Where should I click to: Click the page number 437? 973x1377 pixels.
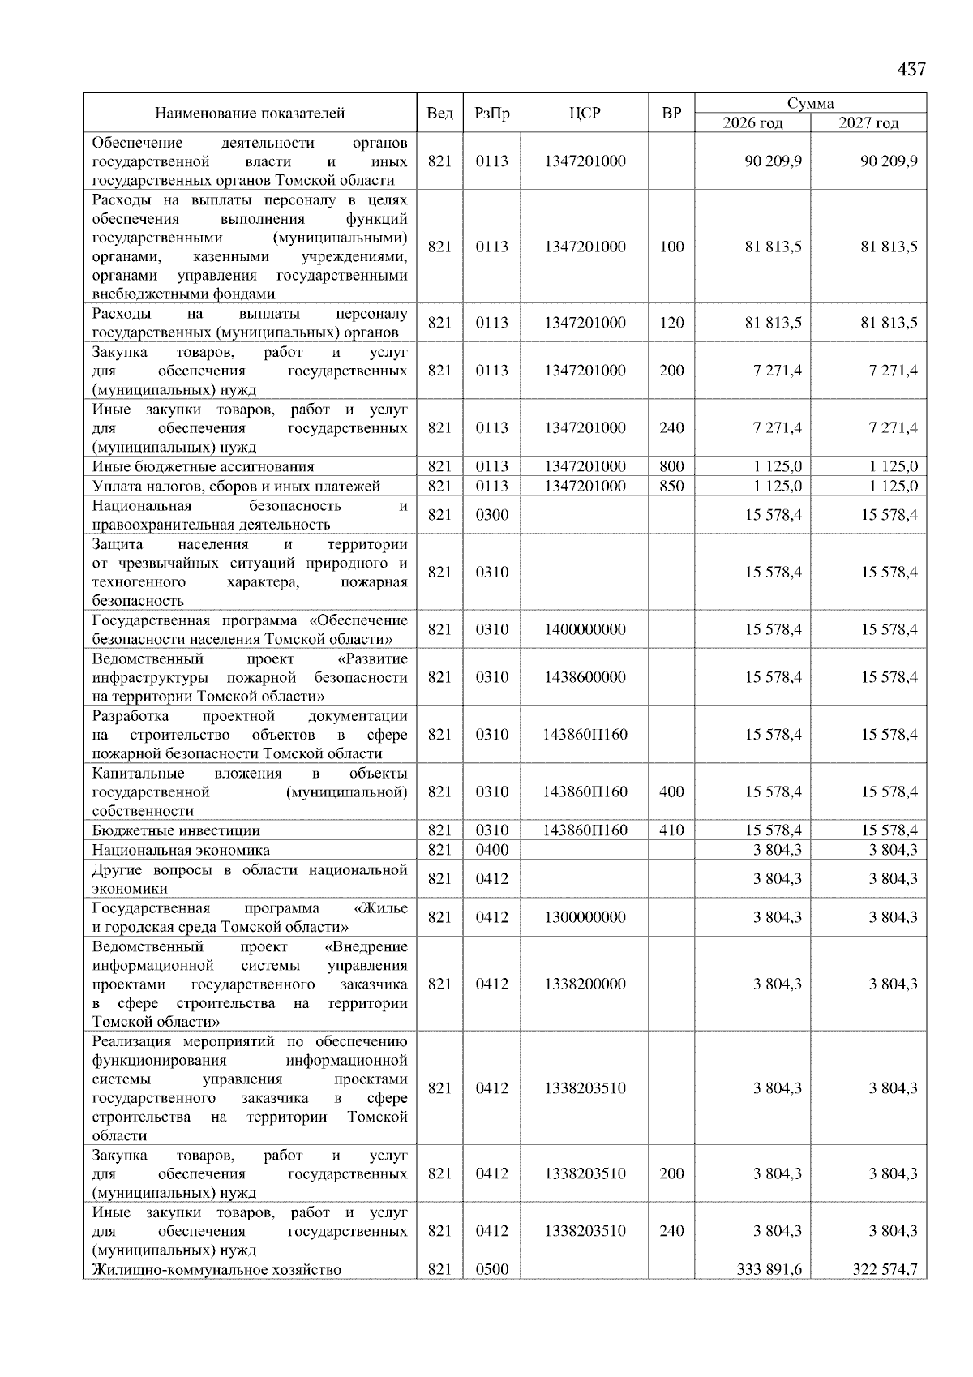(911, 70)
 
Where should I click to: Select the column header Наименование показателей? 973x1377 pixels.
(250, 114)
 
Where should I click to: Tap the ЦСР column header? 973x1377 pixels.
(585, 114)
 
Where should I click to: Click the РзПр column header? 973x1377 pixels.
(491, 114)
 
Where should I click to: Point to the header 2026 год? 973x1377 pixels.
(752, 123)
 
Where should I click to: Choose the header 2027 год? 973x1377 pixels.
(868, 123)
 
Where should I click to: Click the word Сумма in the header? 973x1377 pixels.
(810, 104)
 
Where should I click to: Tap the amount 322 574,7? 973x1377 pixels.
(885, 1269)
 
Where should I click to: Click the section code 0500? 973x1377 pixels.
(491, 1269)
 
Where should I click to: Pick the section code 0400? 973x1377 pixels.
(491, 850)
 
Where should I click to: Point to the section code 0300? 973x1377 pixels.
(491, 515)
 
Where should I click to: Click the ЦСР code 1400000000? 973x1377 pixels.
(585, 629)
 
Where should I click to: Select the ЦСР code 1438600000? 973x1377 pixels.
(585, 677)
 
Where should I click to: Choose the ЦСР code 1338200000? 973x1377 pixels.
(585, 984)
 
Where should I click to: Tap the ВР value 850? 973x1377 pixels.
(671, 486)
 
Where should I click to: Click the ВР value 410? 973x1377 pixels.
(671, 830)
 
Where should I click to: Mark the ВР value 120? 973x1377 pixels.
(671, 323)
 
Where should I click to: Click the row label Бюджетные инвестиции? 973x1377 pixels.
(176, 830)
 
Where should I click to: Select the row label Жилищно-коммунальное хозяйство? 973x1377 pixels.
(216, 1269)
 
